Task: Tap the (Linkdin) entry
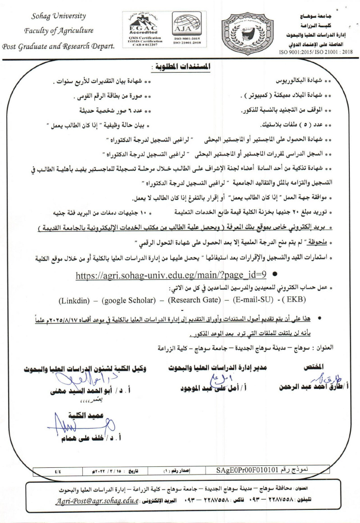[x=77, y=299]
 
